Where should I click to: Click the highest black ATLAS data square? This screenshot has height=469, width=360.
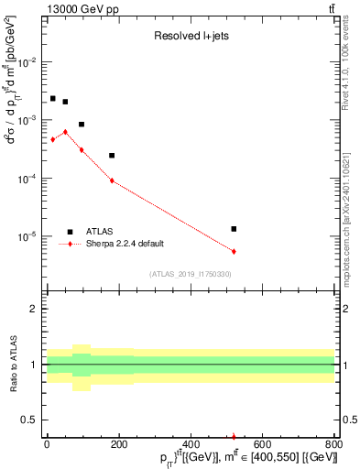pos(53,98)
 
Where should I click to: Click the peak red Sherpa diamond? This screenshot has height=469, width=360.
pos(65,132)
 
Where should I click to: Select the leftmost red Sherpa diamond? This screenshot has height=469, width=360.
pos(53,139)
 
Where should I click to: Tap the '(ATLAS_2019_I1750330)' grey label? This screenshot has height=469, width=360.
pos(190,274)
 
